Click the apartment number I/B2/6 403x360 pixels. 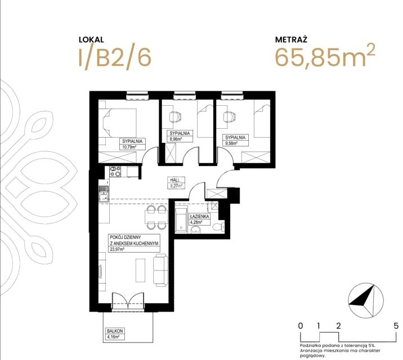[x=115, y=58]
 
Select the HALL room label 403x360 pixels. [x=175, y=180]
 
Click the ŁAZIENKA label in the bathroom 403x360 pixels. [x=199, y=216]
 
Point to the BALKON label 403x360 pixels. [x=115, y=331]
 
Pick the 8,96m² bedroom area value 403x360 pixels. [x=175, y=139]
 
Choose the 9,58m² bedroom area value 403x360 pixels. [x=231, y=143]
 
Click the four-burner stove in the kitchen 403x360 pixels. [x=115, y=171]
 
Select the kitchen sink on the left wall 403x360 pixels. [x=104, y=194]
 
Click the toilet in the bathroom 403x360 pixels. [x=218, y=227]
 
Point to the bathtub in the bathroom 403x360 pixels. [x=181, y=219]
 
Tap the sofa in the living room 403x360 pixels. [x=160, y=270]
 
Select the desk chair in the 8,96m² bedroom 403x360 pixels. [x=176, y=118]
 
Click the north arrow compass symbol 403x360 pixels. [x=366, y=300]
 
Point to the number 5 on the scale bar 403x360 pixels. [x=396, y=326]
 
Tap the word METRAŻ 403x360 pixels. [x=291, y=39]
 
